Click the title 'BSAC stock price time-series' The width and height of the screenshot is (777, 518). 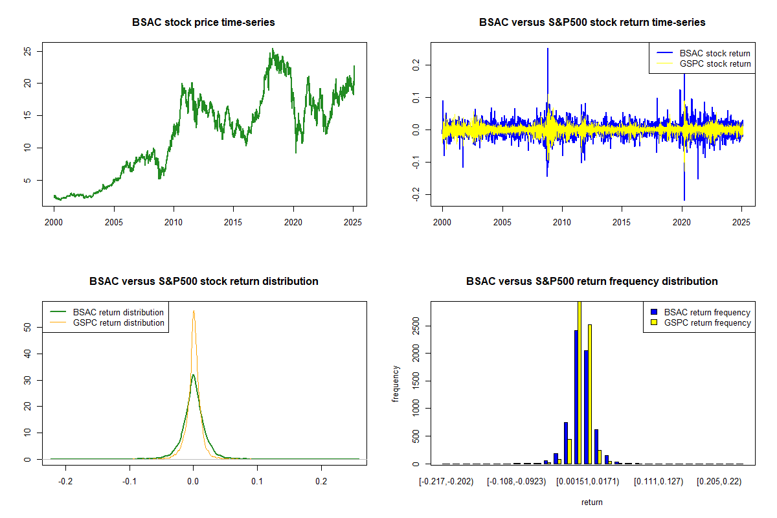pyautogui.click(x=203, y=23)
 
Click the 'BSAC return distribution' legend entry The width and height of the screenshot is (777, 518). pyautogui.click(x=118, y=312)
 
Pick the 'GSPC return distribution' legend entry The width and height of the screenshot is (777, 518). pyautogui.click(x=118, y=322)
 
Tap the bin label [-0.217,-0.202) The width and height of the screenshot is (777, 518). pyautogui.click(x=447, y=482)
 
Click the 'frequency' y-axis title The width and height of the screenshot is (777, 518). pyautogui.click(x=396, y=383)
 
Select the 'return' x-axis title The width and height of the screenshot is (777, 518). pyautogui.click(x=592, y=502)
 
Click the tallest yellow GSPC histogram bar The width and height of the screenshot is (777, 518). pyautogui.click(x=580, y=382)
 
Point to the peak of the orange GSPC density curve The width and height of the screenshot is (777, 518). pyautogui.click(x=193, y=311)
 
